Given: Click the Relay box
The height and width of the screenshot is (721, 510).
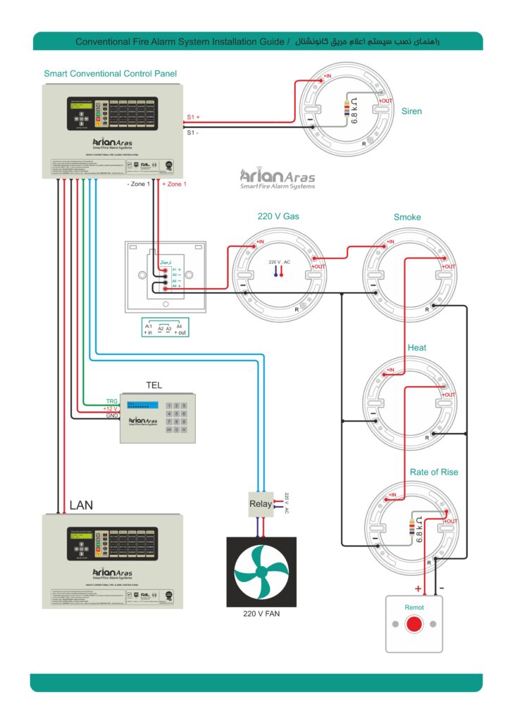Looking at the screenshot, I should click(x=260, y=504).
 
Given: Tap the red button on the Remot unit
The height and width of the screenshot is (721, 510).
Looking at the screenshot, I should click(x=415, y=623).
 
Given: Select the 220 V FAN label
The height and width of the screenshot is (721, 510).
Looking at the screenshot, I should click(x=261, y=614).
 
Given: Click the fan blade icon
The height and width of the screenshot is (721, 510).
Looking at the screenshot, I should click(x=261, y=572).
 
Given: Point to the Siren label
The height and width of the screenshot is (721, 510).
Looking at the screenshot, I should click(x=411, y=111).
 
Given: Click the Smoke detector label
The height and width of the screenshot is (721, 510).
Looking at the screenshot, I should click(x=407, y=217).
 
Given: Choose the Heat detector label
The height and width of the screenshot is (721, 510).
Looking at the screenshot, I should click(x=417, y=348).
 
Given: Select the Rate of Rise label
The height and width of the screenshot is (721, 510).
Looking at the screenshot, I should click(x=434, y=472).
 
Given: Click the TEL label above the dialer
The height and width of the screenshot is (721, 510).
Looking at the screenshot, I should click(x=154, y=385).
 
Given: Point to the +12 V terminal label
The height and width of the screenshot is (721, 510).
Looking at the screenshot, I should click(x=111, y=409).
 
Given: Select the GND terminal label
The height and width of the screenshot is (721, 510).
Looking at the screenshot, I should click(x=112, y=416).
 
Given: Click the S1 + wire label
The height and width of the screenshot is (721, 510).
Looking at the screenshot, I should click(x=194, y=117).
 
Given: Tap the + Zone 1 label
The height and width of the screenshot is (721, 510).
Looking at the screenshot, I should click(x=175, y=184).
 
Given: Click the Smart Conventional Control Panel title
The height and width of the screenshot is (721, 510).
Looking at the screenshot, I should click(x=110, y=73).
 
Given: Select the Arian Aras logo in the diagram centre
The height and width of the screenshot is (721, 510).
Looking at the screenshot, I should click(x=277, y=178).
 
